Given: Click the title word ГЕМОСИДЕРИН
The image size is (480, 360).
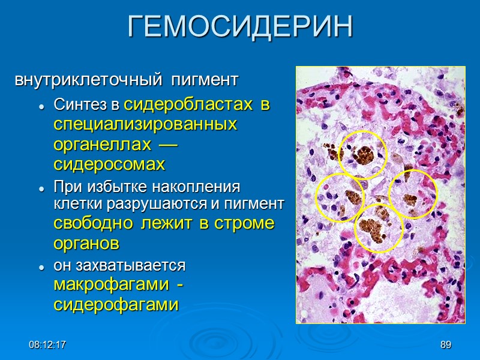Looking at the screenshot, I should (x=240, y=27).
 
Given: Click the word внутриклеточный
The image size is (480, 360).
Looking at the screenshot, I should (x=88, y=79).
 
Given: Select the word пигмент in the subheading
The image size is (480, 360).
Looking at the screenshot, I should (x=203, y=79).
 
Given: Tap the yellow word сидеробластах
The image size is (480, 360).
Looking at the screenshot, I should (x=188, y=105).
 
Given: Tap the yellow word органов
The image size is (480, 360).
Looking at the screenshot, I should (x=86, y=244).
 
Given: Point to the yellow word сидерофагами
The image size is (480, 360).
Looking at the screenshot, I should (x=116, y=305).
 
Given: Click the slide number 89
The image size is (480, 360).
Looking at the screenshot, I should (x=445, y=345).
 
